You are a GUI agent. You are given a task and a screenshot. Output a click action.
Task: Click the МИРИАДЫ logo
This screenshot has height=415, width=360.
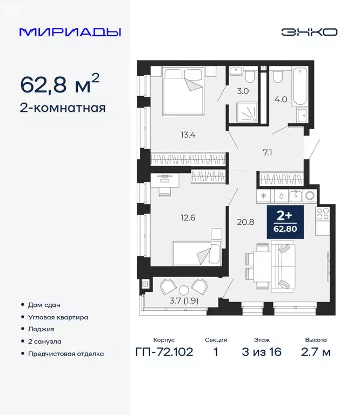click(x=70, y=32)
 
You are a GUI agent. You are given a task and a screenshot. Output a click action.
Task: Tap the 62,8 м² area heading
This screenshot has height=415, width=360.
click(x=59, y=84)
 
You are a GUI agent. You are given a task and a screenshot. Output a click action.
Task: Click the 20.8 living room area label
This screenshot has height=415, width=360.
click(x=243, y=220)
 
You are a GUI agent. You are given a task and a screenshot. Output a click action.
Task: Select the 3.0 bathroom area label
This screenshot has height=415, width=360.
click(x=243, y=91)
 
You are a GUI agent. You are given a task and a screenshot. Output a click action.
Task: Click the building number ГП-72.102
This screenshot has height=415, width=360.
click(x=164, y=353)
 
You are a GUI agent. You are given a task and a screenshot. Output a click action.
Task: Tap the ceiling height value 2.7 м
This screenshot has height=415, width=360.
click(x=316, y=353)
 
